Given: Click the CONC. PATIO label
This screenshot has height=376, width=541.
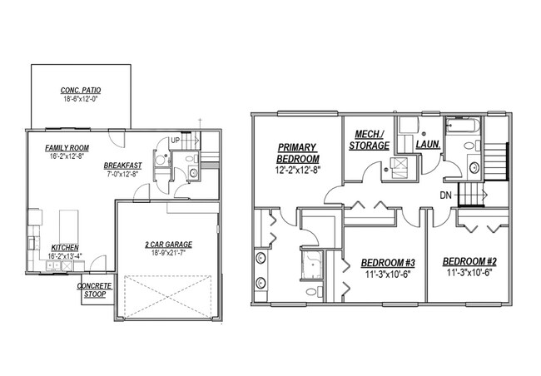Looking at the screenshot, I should (x=80, y=90).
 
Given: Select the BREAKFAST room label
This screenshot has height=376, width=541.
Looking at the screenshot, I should (x=122, y=165).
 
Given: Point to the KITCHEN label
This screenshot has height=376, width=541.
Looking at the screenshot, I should (x=65, y=247).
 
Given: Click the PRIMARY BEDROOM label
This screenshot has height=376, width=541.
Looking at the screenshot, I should (x=298, y=153).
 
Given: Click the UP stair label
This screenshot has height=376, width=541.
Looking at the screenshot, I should (x=175, y=140).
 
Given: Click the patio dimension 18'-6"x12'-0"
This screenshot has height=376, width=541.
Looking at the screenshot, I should (x=80, y=99).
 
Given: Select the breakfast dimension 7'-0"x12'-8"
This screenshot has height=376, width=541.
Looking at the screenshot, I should (x=123, y=174).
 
